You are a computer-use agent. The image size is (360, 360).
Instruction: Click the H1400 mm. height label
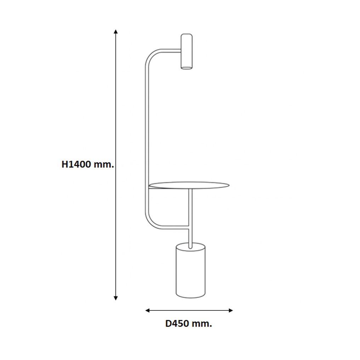coord(87,164)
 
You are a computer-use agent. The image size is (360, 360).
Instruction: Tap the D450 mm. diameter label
coord(189,323)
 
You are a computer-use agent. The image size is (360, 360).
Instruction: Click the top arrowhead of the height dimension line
coord(116,32)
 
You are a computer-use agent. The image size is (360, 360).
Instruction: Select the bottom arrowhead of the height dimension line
coord(116,298)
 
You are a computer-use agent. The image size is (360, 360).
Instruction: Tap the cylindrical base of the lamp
coord(190,271)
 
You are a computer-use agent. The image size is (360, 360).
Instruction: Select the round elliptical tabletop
coord(189,185)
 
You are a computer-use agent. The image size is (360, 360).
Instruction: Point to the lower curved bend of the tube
coord(151,221)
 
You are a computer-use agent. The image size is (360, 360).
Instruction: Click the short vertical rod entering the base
coord(190,237)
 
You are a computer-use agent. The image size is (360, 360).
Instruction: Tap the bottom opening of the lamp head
coord(187,67)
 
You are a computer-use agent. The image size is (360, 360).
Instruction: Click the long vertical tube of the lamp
coord(147,135)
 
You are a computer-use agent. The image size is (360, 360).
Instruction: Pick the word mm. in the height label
coord(104,164)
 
